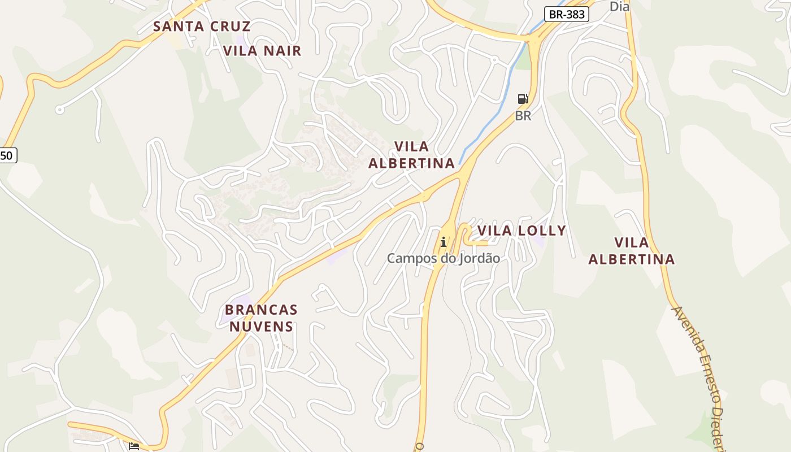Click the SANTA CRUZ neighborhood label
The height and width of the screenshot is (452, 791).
pos(202,26)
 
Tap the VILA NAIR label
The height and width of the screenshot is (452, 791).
pos(262,51)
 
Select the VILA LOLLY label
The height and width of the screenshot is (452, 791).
pos(521,231)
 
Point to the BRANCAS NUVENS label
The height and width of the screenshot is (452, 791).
pos(261,318)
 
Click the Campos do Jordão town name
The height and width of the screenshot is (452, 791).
pos(443,258)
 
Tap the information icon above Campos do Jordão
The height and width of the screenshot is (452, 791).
pos(444,242)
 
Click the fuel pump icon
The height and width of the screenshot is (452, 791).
pos(523,99)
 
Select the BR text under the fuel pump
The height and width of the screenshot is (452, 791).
pos(523,116)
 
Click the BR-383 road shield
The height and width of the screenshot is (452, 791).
pos(567,15)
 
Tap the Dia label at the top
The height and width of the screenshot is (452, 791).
pos(619,7)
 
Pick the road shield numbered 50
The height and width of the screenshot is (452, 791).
pos(8,155)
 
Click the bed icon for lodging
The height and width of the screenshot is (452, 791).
pos(134,446)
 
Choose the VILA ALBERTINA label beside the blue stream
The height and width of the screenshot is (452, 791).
pos(411,155)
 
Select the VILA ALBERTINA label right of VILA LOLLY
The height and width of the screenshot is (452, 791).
pos(631,251)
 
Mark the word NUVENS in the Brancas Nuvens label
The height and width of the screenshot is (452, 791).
pos(261,327)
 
